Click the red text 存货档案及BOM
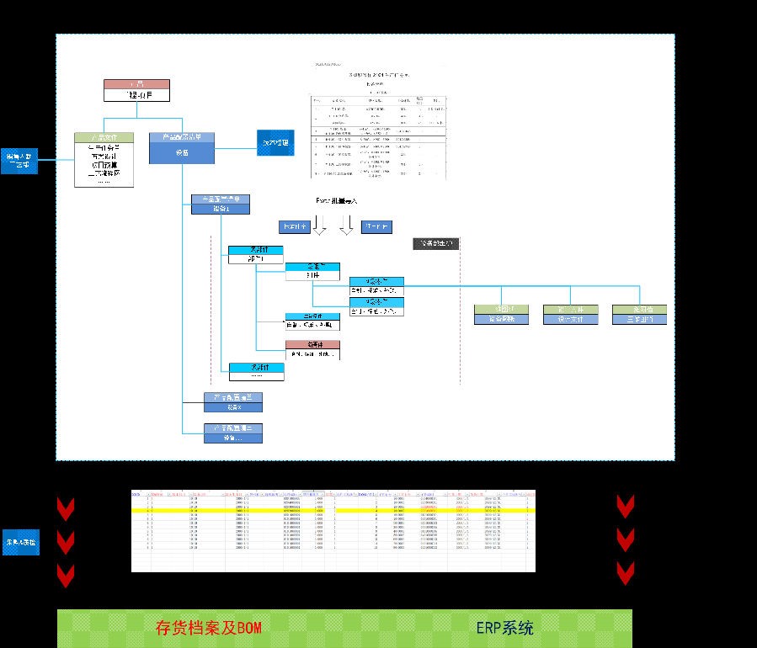click(x=209, y=628)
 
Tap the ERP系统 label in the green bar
click(x=504, y=628)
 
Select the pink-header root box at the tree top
click(x=136, y=90)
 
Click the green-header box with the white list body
click(x=104, y=159)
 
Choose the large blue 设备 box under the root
click(x=182, y=147)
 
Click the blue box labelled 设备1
click(x=220, y=204)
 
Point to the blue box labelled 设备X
click(x=233, y=401)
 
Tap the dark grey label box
click(x=437, y=244)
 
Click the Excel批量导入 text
click(x=337, y=201)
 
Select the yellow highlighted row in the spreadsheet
click(x=333, y=510)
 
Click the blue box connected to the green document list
click(x=20, y=160)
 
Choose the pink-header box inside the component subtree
click(x=312, y=350)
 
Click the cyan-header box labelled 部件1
click(x=255, y=255)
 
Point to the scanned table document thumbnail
click(x=378, y=118)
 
